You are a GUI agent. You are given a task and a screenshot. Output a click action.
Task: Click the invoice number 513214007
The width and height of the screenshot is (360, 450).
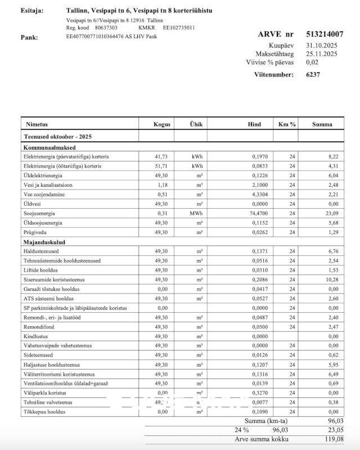coord(325,34)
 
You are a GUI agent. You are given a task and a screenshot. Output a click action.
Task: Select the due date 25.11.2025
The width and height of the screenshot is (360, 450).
coord(322,54)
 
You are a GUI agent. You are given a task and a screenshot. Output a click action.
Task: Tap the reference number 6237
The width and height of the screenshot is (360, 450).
coord(313,74)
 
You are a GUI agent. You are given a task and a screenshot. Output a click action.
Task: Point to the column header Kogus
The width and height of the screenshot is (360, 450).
coord(162,124)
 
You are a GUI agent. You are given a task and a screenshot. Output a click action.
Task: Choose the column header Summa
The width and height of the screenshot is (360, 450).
coord(322,124)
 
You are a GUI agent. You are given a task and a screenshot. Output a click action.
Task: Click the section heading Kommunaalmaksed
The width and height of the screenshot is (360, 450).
coord(46,147)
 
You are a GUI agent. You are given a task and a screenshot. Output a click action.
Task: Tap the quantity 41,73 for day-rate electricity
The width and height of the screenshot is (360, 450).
coord(161,156)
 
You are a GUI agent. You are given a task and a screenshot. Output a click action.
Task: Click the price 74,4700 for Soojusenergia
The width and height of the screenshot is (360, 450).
coord(259,213)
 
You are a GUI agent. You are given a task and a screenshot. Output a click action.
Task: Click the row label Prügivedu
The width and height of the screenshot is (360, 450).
coord(35,232)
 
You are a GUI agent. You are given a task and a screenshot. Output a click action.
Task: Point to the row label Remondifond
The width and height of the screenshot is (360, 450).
coord(39,327)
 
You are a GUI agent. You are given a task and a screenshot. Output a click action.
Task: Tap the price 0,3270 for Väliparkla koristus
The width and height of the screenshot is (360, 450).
coord(259,393)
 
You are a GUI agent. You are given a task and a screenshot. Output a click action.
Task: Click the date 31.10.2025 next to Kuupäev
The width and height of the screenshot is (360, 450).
coord(322,45)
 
